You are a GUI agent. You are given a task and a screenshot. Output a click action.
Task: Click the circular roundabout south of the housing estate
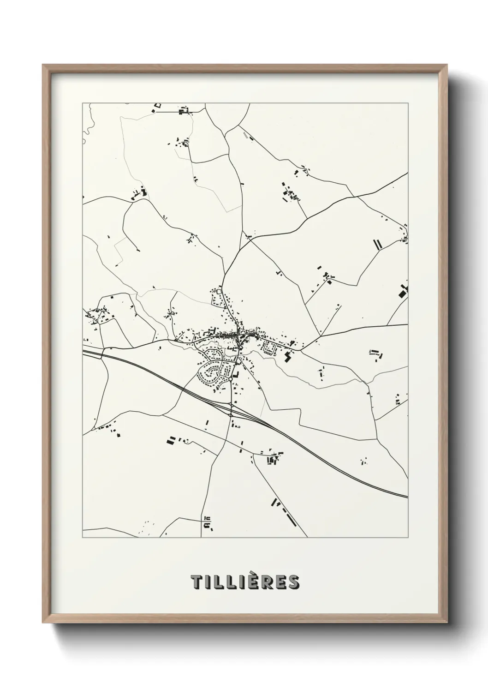click(230, 379)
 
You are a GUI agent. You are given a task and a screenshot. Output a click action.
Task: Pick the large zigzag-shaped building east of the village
click(289, 356)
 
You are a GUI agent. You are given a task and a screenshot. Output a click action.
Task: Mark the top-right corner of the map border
click(408, 103)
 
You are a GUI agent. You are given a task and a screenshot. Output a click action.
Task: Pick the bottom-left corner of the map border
click(83, 538)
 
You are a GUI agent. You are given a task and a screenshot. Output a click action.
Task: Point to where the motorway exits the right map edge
click(408, 497)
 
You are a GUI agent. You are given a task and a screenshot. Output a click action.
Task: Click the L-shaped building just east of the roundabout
click(237, 374)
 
